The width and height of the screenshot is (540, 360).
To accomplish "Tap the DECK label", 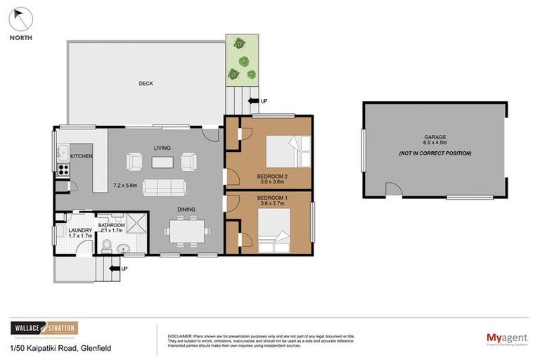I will pyautogui.click(x=146, y=84).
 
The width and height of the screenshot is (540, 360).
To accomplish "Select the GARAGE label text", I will pyautogui.click(x=435, y=137).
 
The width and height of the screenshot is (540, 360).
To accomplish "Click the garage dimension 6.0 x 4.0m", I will pyautogui.click(x=435, y=144).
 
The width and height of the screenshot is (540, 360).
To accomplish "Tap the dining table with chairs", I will pyautogui.click(x=186, y=229).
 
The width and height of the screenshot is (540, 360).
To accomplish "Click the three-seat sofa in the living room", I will pyautogui.click(x=164, y=187).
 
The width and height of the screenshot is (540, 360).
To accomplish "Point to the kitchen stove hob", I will pyautogui.click(x=62, y=169).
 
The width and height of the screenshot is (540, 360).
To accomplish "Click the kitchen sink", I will pyautogui.click(x=61, y=150).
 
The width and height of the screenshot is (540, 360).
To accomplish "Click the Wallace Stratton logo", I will pyautogui.click(x=44, y=328).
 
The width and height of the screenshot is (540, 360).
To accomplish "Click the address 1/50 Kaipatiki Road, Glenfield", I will pyautogui.click(x=60, y=348).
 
